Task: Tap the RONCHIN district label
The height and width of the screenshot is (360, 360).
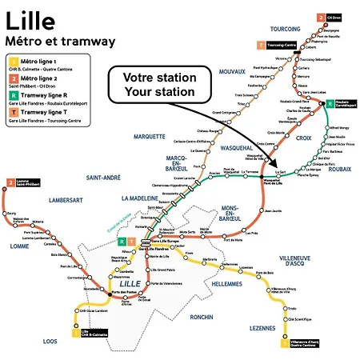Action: tap(202, 317)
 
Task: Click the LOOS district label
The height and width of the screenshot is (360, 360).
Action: tap(50, 341)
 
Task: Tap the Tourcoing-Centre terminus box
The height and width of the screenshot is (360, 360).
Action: tap(274, 46)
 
